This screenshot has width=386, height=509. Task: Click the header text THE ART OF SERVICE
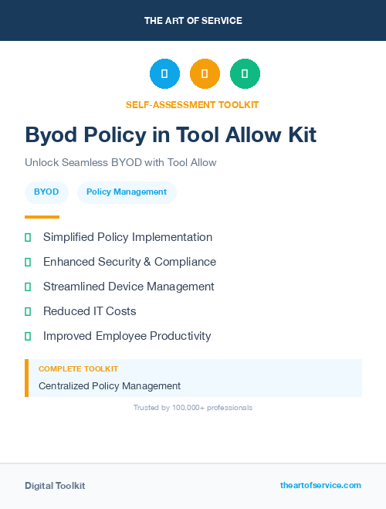click(x=193, y=21)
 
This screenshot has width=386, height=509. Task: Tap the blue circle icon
click(x=164, y=74)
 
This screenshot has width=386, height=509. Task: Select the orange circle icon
click(x=205, y=74)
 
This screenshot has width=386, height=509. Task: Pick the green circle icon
click(x=245, y=74)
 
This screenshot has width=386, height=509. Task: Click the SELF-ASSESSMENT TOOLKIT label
click(x=192, y=104)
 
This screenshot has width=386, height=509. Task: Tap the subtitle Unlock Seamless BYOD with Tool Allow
click(x=120, y=163)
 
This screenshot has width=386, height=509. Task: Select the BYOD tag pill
click(x=46, y=192)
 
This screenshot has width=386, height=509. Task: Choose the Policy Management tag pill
click(x=127, y=192)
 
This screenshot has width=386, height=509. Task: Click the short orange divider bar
click(x=42, y=217)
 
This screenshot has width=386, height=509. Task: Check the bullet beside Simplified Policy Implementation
click(x=28, y=238)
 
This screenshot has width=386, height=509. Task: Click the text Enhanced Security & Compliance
click(x=130, y=262)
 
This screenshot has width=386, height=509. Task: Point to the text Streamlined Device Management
click(x=129, y=287)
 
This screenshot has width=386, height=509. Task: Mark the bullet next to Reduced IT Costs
click(x=28, y=312)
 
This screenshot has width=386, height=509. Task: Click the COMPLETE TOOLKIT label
click(x=78, y=369)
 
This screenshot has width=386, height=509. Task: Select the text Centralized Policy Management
click(x=110, y=385)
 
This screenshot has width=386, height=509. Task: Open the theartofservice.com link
click(x=320, y=485)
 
